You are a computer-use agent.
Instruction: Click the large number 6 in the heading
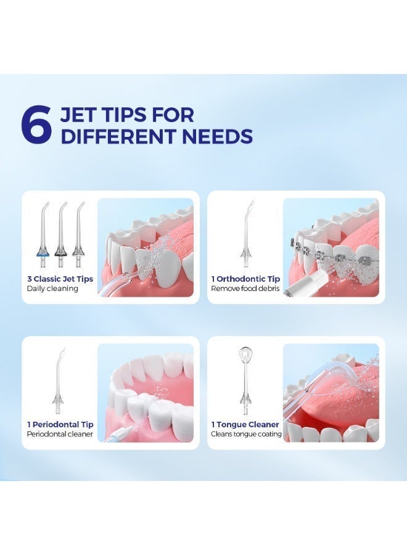tap(35, 125)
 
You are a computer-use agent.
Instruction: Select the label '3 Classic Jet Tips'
tap(60, 279)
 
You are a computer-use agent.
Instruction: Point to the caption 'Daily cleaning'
tap(52, 289)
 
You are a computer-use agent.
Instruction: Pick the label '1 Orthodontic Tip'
tap(245, 279)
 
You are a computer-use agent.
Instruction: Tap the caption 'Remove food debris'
tap(245, 289)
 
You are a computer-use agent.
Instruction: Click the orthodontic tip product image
tap(245, 231)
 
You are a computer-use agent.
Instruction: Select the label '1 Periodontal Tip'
tap(60, 424)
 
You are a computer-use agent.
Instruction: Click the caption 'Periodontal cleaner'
tap(60, 434)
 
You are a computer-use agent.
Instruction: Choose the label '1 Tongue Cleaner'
tap(245, 424)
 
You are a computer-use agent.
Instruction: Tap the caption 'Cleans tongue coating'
tap(247, 434)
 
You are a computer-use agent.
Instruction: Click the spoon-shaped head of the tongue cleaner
tap(245, 356)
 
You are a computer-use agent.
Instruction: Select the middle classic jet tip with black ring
tap(60, 231)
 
